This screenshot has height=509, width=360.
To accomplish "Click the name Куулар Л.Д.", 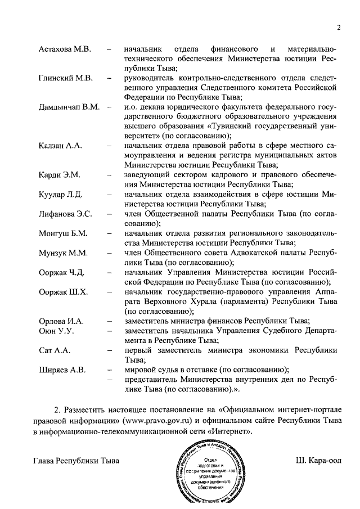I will (61, 195).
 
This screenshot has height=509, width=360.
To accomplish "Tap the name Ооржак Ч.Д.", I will (62, 273).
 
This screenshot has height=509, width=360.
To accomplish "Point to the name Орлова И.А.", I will (61, 321).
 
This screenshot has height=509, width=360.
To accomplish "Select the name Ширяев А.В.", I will (62, 370).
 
